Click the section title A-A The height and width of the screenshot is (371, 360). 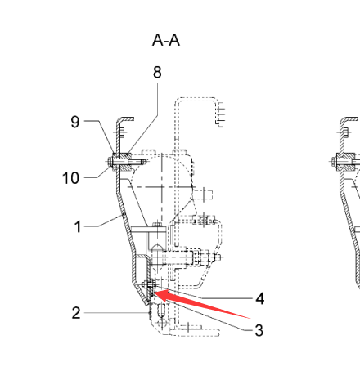166,40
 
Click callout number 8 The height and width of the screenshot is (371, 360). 157,72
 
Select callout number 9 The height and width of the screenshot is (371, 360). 75,122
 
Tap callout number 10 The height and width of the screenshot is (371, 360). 70,178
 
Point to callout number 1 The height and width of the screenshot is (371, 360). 78,226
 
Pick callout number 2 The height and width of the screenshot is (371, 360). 76,313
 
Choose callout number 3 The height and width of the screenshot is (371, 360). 259,330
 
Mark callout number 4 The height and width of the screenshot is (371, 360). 260,298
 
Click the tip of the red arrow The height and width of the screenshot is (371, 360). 154,293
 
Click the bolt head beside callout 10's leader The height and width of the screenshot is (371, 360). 109,162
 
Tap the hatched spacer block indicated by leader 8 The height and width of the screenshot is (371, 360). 126,162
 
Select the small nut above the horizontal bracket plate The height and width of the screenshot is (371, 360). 157,225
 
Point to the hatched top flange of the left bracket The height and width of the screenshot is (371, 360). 126,119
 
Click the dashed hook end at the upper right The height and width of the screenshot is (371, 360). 220,114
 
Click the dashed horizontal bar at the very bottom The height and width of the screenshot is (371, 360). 194,333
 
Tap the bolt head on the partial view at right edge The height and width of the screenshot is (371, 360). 334,162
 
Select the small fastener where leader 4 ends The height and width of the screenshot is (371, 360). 149,284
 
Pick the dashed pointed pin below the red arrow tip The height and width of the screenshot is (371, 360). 161,310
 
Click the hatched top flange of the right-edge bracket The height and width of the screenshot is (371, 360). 349,119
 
